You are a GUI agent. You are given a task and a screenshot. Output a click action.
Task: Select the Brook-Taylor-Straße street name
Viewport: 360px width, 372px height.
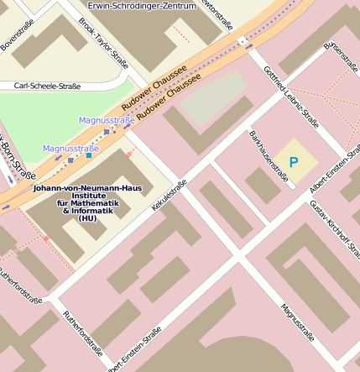(x=103, y=42)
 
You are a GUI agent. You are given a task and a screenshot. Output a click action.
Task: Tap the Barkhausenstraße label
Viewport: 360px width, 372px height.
(x=268, y=155)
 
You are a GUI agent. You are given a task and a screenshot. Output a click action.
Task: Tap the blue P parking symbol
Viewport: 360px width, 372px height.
(x=293, y=162)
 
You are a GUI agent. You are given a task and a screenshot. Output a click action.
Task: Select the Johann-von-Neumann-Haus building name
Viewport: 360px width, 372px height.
(x=87, y=188)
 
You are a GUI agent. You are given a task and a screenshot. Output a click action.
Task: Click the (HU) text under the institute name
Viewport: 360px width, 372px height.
(x=87, y=218)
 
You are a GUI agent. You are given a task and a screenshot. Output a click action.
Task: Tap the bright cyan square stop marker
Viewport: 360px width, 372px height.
(x=89, y=155)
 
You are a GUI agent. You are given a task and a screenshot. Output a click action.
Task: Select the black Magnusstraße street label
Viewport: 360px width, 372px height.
(x=297, y=322)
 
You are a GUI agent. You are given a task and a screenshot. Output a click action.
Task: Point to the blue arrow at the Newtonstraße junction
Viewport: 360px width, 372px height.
(x=249, y=47)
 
